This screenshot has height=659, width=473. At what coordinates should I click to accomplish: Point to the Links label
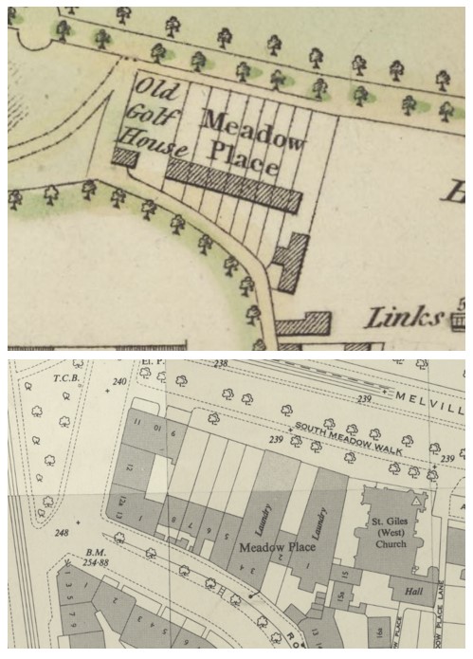pos(405,317)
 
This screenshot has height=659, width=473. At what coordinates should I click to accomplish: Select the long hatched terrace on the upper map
pos(233,185)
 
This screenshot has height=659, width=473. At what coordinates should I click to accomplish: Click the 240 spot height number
pos(118,382)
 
